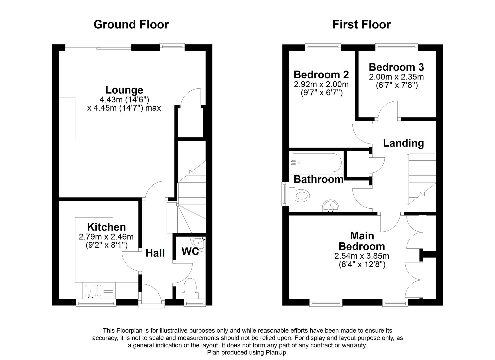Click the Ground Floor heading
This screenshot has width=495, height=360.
click(131, 24)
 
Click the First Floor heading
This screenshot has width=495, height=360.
click(361, 24)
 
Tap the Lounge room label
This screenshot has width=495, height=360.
click(124, 90)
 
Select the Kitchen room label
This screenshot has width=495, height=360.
click(106, 227)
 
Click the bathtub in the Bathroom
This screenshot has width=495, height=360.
click(317, 163)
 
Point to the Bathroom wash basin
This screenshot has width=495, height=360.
click(330, 206)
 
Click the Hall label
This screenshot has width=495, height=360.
click(155, 253)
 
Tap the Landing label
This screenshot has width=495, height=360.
click(403, 143)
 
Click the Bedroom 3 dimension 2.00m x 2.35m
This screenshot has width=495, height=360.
click(396, 77)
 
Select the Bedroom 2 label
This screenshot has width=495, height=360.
click(321, 74)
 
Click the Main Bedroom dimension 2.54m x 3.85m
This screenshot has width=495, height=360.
click(362, 256)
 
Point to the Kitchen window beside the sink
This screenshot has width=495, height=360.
click(96, 302)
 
